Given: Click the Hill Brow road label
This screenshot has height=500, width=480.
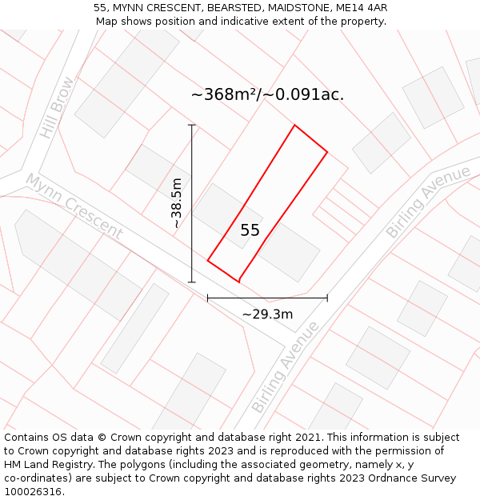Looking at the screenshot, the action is click(x=57, y=108).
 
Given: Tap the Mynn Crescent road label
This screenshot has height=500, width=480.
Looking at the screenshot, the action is click(x=74, y=206).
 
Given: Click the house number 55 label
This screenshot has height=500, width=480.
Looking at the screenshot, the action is click(x=250, y=230).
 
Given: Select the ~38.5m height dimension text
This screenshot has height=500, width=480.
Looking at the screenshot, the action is click(x=177, y=204).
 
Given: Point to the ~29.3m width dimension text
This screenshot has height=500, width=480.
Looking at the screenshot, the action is click(x=267, y=314).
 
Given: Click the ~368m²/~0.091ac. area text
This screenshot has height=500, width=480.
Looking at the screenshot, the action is click(x=267, y=94).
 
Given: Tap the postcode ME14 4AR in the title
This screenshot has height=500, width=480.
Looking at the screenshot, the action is click(x=362, y=8).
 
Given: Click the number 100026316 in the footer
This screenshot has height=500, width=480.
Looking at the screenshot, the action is click(x=31, y=492).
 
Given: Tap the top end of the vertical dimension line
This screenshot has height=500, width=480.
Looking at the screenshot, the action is click(x=192, y=125).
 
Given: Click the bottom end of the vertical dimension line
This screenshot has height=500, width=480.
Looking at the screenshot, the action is click(x=192, y=282).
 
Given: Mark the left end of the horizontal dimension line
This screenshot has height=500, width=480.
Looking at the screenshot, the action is click(x=208, y=298).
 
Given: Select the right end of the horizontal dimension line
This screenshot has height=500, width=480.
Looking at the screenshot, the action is click(x=327, y=298).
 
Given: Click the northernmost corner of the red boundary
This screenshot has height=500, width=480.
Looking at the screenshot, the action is click(x=294, y=126).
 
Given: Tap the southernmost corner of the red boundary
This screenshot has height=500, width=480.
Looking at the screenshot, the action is click(x=239, y=282).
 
